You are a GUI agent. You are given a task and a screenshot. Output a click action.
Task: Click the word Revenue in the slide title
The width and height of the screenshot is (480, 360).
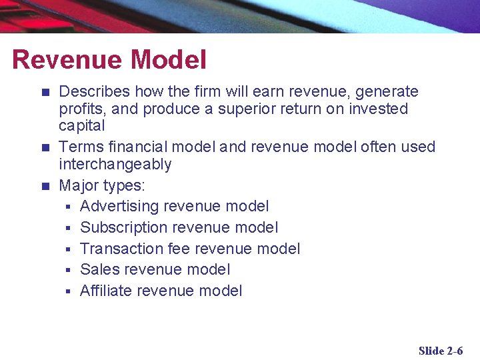pyautogui.click(x=67, y=60)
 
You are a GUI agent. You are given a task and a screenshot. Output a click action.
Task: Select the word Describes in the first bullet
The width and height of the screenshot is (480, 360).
pyautogui.click(x=92, y=91)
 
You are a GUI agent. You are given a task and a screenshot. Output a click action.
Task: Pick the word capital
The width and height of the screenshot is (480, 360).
pyautogui.click(x=82, y=125)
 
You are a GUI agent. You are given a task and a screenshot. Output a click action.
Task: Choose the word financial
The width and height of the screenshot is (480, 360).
pyautogui.click(x=131, y=147)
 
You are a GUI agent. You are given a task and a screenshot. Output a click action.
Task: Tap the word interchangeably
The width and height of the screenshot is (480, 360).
pyautogui.click(x=115, y=164)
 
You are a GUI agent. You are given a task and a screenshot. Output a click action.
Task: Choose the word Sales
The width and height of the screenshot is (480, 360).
pyautogui.click(x=99, y=269)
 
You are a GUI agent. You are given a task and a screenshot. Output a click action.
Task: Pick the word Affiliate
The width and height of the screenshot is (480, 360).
pyautogui.click(x=105, y=291)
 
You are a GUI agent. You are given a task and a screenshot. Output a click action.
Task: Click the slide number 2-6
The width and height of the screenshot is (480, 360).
pyautogui.click(x=455, y=351)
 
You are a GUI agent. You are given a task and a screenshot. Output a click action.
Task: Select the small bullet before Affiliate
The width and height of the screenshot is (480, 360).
pyautogui.click(x=68, y=291)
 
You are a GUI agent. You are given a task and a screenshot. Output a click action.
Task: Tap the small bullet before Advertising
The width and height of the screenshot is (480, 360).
pyautogui.click(x=68, y=207)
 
